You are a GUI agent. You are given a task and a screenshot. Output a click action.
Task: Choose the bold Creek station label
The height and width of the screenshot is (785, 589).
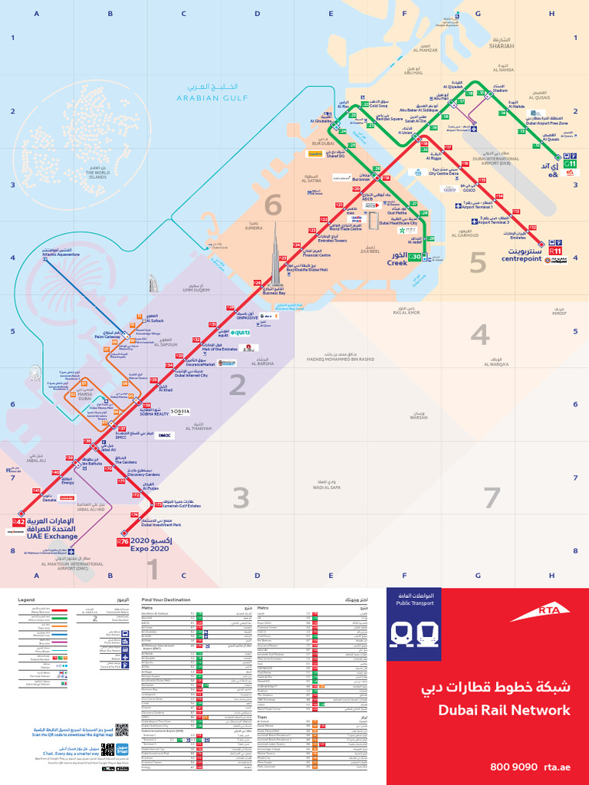coord(397,263)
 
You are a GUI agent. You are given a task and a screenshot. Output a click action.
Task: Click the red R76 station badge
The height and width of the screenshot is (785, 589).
coord(123,542)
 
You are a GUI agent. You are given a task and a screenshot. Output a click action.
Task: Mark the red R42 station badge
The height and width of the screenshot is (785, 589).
coord(18,522)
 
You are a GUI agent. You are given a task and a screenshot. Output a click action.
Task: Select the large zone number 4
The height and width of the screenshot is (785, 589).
coord(480,335)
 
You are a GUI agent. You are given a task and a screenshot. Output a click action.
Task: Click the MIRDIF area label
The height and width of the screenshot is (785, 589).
coord(558,314)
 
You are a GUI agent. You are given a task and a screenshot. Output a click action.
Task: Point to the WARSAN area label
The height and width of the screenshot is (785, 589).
coord(419,417)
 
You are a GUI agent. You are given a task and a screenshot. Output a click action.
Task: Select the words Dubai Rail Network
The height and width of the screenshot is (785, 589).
coord(504,710)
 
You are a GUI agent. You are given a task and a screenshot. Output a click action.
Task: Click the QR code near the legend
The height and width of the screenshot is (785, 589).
coord(121,730)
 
